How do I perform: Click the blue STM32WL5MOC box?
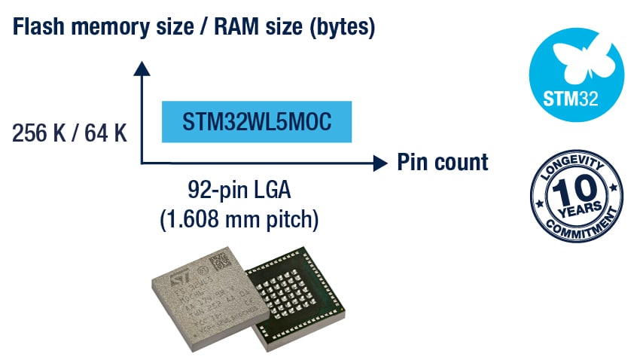coord(258,122)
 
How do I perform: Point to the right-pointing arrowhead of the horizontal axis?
coord(378,162)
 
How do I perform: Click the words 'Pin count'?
coord(443,162)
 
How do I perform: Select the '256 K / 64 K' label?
coord(69,134)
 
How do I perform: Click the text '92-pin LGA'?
coord(239,190)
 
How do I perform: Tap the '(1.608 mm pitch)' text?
coord(239,220)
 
